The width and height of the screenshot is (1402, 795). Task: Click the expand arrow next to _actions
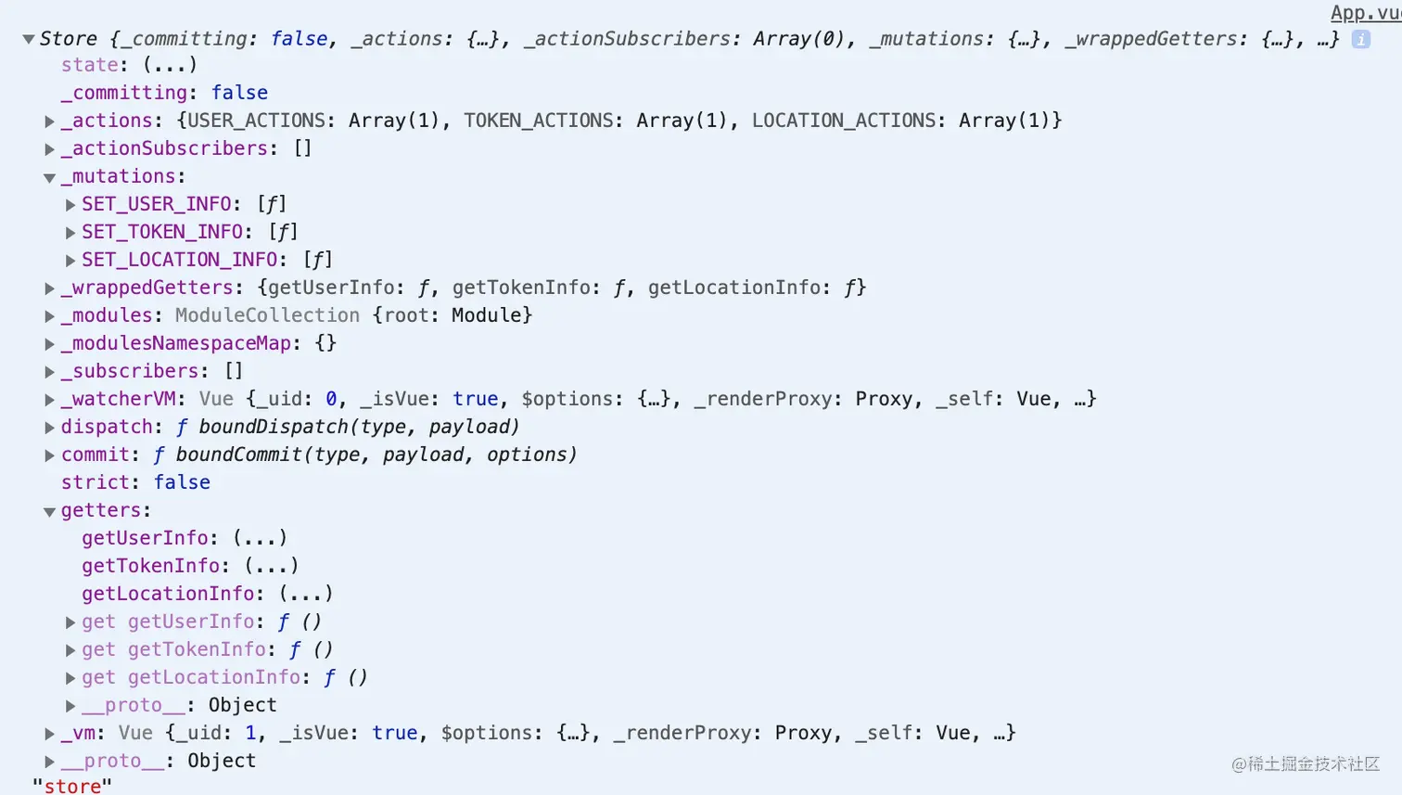pos(50,122)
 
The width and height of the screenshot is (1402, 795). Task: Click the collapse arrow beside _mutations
pos(50,177)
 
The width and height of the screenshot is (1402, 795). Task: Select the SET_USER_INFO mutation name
pos(156,204)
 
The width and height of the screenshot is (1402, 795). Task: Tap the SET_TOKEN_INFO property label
pos(161,232)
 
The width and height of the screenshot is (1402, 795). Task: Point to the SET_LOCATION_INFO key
pos(179,260)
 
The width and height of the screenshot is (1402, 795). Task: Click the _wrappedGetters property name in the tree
pos(147,288)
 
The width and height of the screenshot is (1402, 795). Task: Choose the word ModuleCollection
pos(267,315)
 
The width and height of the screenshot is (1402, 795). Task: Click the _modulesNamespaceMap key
pos(175,343)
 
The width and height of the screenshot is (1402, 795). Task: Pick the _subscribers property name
pos(129,371)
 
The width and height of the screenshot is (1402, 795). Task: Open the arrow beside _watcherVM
pos(50,400)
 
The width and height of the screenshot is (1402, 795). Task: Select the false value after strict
pos(182,482)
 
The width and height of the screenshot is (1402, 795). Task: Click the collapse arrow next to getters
pos(50,511)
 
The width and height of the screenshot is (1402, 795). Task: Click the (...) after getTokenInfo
pos(272,566)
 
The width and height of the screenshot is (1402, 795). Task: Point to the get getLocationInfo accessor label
pos(191,677)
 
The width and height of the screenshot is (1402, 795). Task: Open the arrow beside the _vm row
pos(50,734)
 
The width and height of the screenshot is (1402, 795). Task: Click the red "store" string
pos(72,786)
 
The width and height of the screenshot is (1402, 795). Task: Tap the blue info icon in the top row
pos(1360,39)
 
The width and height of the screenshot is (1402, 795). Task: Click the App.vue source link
pos(1365,12)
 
